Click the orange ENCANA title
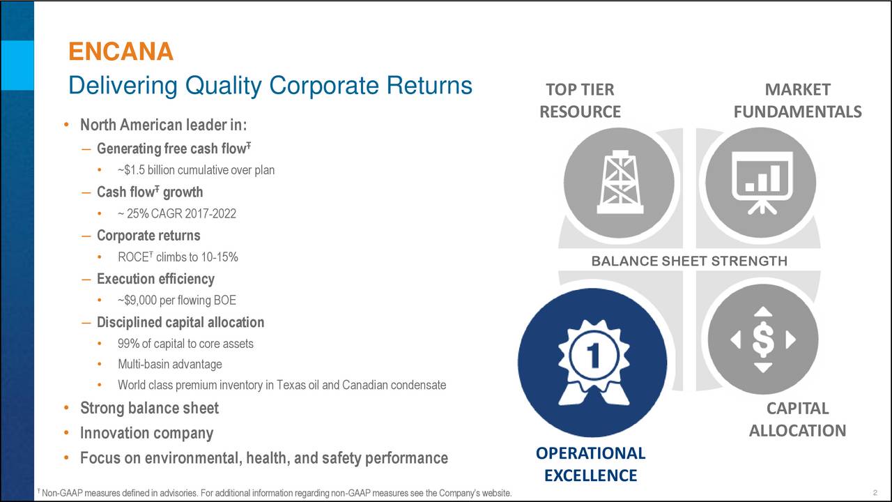coord(121,52)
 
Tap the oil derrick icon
coord(619,183)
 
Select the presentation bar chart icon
coord(760,183)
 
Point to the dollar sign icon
coord(763,340)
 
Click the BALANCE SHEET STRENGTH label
coord(689,261)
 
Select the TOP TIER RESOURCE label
coord(580,101)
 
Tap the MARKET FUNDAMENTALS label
coord(797,101)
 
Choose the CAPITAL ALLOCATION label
coord(797,420)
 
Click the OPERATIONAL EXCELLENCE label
coord(590,464)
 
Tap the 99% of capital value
coord(129,344)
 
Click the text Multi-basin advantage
coord(169,364)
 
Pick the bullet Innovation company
coord(146,433)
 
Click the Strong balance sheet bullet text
coord(149,408)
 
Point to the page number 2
coord(874,494)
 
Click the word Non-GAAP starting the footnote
coord(59,494)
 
